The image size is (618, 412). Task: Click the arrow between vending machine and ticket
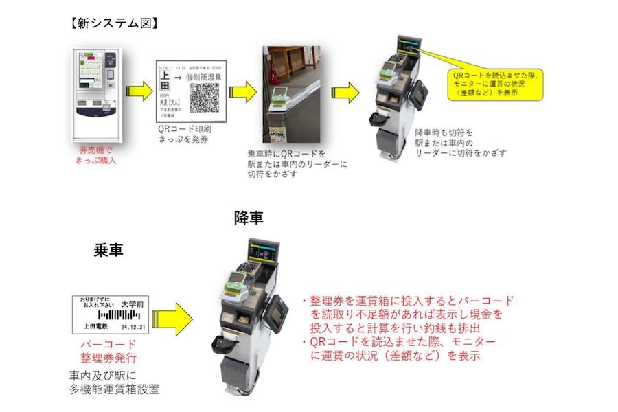(x=139, y=90)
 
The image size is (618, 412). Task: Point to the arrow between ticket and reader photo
(x=242, y=93)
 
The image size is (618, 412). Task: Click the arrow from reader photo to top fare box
(x=345, y=93)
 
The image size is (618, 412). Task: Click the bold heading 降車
(x=248, y=218)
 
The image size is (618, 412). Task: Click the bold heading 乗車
(x=108, y=250)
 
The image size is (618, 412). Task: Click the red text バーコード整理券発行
(x=108, y=350)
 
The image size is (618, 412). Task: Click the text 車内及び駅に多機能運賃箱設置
(x=114, y=382)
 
